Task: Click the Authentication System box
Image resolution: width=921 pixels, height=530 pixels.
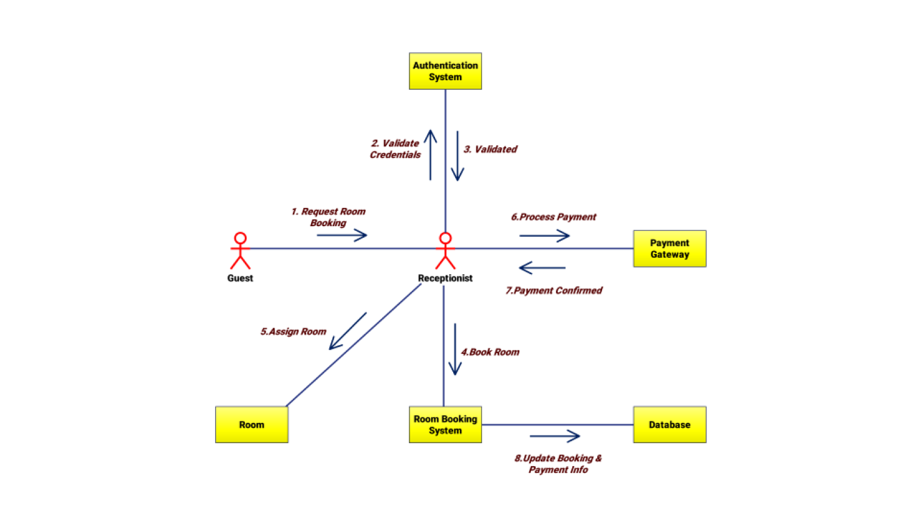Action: click(x=445, y=71)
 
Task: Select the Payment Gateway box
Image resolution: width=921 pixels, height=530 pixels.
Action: click(x=669, y=249)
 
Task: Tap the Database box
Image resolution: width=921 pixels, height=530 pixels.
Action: click(x=669, y=425)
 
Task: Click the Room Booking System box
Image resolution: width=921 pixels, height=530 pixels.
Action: click(x=445, y=425)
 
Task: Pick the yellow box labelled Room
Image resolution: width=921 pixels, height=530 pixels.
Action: click(x=252, y=425)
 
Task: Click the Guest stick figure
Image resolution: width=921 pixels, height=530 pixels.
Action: click(x=240, y=250)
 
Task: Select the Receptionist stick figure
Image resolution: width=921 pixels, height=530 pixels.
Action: click(x=445, y=250)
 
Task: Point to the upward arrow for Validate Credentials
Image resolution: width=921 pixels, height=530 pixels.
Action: click(x=430, y=155)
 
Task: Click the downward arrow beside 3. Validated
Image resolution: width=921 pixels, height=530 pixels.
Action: click(x=457, y=156)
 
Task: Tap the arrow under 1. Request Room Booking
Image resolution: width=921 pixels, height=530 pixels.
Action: click(x=342, y=235)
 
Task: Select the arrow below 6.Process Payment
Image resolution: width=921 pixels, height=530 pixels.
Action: click(x=544, y=236)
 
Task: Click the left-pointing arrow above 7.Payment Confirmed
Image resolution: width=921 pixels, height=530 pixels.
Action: click(x=543, y=267)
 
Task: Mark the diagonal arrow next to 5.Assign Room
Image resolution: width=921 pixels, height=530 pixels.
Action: click(x=348, y=331)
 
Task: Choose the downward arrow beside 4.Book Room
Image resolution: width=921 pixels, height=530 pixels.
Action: click(x=454, y=349)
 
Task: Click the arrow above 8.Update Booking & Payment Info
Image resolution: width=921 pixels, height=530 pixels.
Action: click(x=555, y=436)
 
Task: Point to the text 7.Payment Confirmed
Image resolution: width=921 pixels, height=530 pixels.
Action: click(x=553, y=291)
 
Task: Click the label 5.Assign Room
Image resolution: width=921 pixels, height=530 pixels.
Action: click(x=293, y=331)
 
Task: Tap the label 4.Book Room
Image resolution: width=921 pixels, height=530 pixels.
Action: click(x=490, y=352)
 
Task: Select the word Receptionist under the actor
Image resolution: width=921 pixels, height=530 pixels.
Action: click(x=445, y=278)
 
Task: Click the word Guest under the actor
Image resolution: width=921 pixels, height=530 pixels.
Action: click(x=240, y=278)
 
